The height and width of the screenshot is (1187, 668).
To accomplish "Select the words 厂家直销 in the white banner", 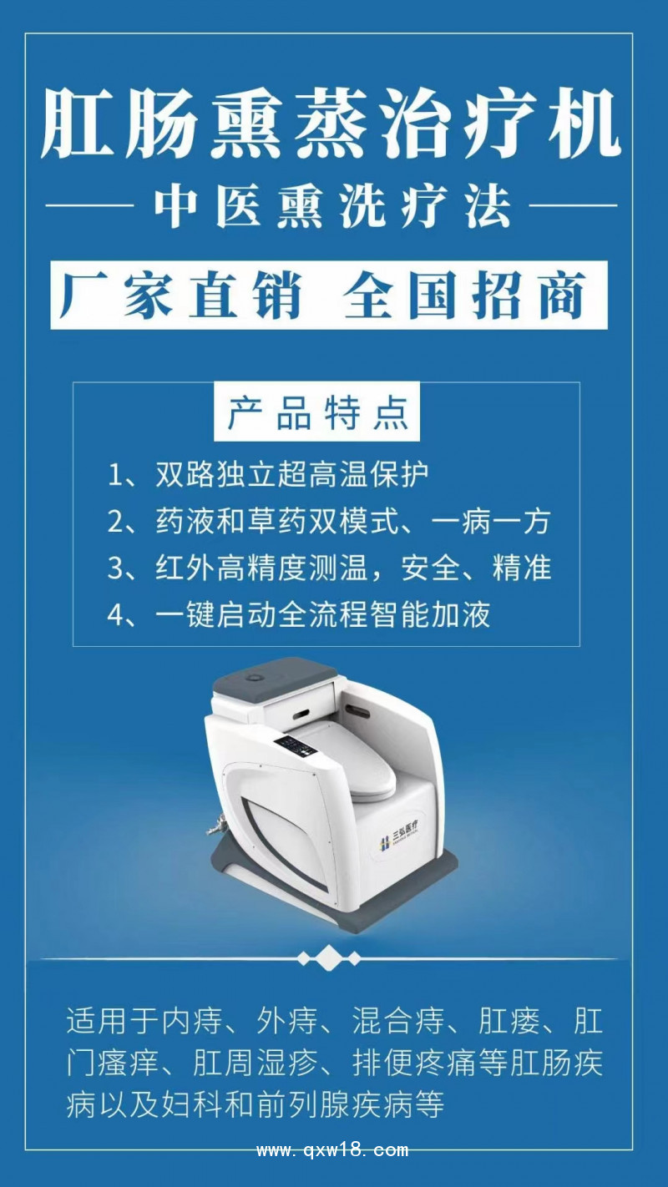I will click(x=180, y=295).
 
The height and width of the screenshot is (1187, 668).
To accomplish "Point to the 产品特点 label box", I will click(x=317, y=413).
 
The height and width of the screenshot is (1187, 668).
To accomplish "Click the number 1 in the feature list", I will click(x=115, y=476).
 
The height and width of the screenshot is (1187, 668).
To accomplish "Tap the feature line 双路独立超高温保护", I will click(x=292, y=475).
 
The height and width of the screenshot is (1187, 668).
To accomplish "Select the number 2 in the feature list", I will click(x=115, y=523).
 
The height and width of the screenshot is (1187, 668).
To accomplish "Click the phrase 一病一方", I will click(x=492, y=522).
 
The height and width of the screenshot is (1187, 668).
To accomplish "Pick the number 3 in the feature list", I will click(x=115, y=568).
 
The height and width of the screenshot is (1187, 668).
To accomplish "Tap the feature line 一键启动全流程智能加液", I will click(x=322, y=615).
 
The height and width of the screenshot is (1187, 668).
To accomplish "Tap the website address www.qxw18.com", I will click(x=332, y=1150).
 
